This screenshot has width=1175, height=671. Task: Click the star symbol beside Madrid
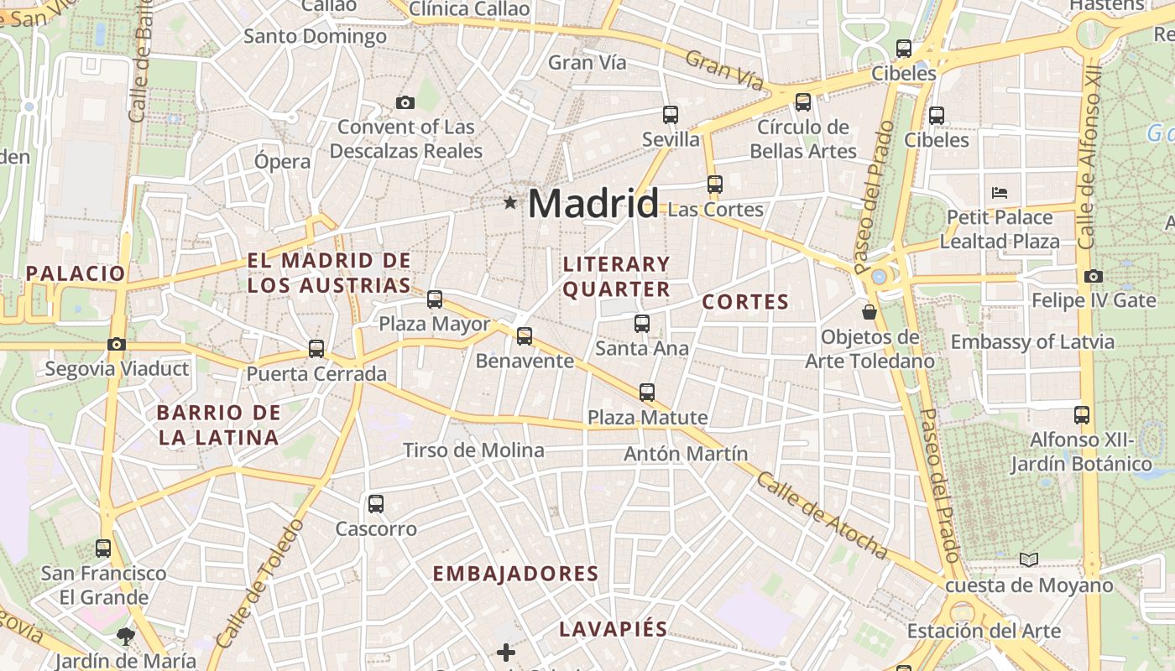coord(509,202)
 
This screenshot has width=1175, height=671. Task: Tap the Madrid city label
coord(593,204)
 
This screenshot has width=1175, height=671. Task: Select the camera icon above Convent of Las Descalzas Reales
coord(405,103)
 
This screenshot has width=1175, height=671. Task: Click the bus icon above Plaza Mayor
coord(435,299)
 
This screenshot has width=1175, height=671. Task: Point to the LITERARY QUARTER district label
coord(617,277)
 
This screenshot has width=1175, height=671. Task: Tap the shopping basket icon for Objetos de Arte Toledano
coord(869,312)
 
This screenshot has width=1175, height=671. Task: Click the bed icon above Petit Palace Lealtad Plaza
coord(999,192)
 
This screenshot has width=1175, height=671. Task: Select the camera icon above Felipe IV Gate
coord(1093,276)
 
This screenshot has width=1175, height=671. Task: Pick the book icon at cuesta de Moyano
coord(1029,559)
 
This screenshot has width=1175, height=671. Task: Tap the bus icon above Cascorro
coord(376,504)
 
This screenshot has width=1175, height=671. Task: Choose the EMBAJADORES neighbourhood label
coord(515,574)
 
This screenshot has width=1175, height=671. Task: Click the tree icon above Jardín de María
coord(126,636)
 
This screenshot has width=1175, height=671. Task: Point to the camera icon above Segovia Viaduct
coord(117,344)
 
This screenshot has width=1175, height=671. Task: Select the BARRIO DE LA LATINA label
coord(219,424)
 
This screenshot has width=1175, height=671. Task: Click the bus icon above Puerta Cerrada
coord(316,348)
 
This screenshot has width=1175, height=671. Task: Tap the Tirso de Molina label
coord(473,450)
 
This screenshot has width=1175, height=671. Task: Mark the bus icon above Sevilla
coord(671,114)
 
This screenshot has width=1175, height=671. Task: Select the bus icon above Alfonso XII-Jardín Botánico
coord(1082,414)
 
